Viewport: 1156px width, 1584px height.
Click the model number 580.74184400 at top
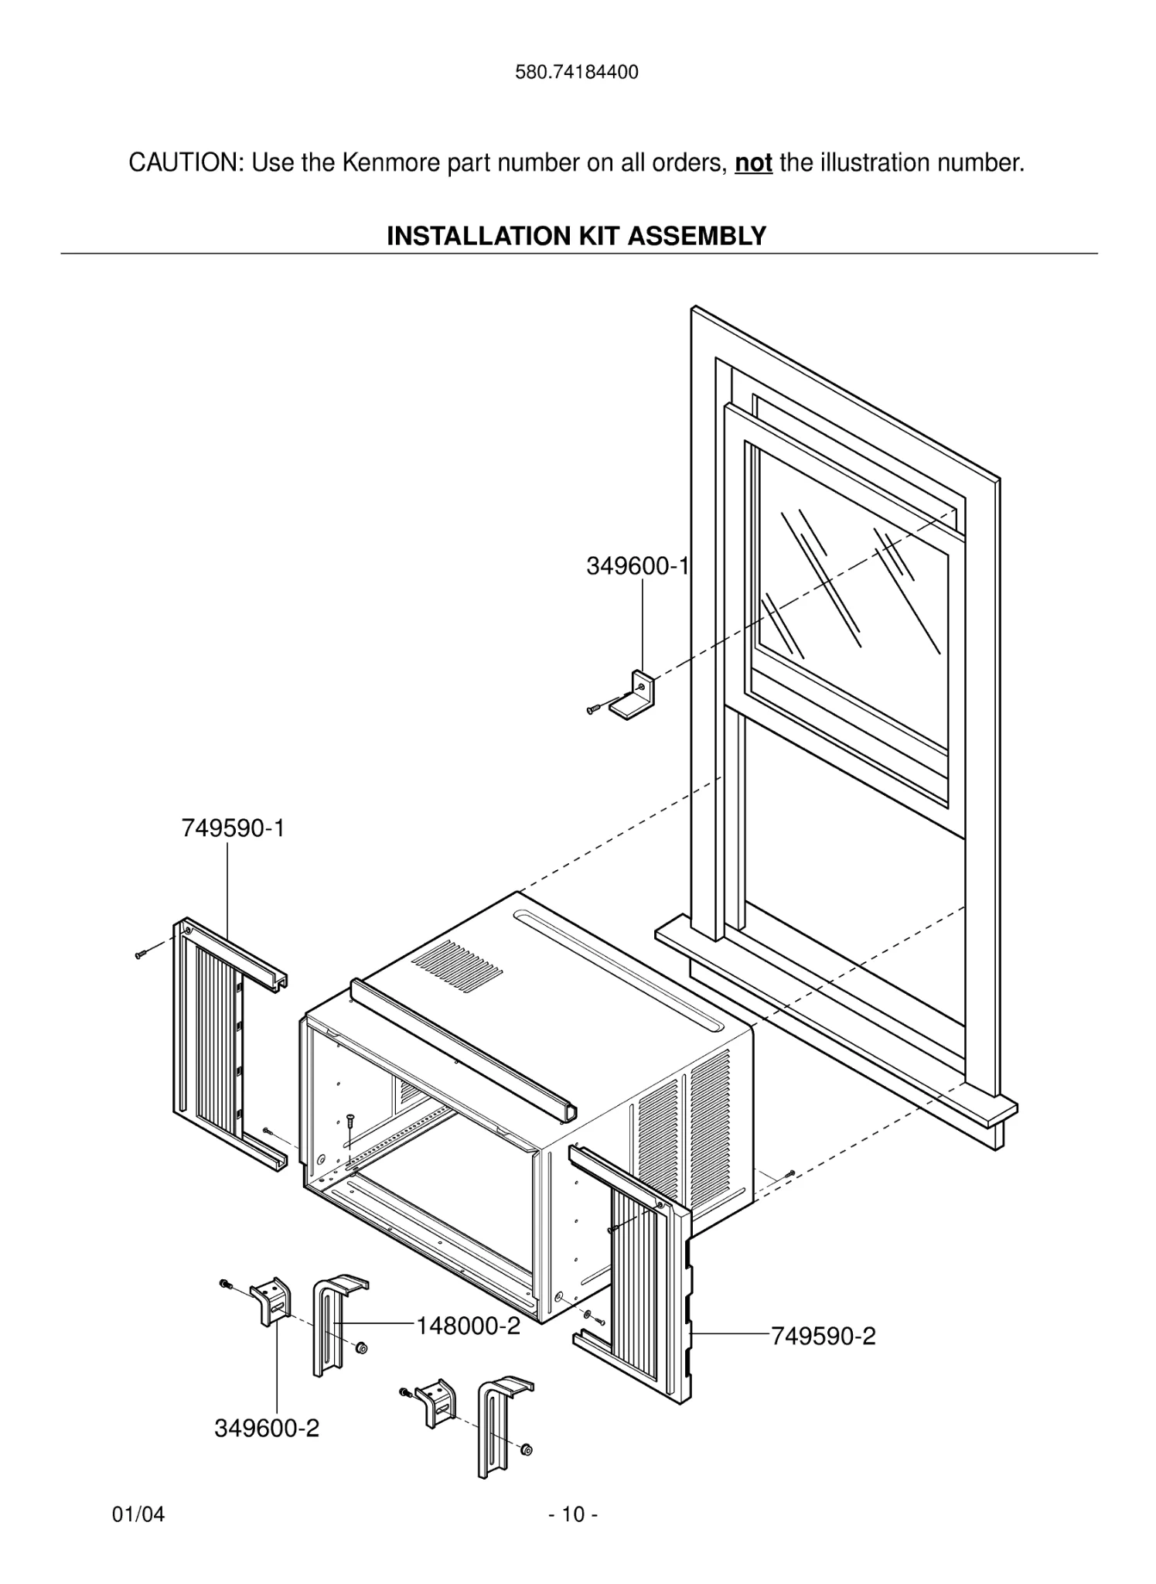[577, 73]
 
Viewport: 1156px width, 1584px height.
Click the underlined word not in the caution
[753, 163]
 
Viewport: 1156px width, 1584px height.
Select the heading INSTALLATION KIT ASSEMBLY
[576, 236]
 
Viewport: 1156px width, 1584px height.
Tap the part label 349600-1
[636, 566]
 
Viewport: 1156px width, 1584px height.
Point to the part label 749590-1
[233, 828]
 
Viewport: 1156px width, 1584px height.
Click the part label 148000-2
[468, 1326]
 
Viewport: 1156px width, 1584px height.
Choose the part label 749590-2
[824, 1336]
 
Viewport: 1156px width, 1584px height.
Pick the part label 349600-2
[267, 1428]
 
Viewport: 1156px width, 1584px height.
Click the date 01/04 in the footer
[138, 1514]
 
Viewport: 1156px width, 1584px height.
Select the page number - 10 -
[573, 1514]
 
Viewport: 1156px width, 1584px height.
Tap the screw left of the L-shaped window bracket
[594, 708]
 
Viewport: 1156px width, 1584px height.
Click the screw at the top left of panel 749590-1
[140, 954]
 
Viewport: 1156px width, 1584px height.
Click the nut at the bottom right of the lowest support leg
[527, 1449]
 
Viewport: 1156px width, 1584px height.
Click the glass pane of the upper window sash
[851, 588]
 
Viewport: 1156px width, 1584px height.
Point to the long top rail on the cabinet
[464, 1048]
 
